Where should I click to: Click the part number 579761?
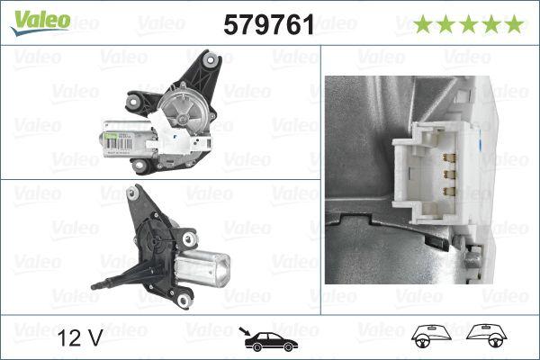[x=268, y=25]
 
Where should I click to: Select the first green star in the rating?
[x=422, y=24]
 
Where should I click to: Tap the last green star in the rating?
[x=514, y=24]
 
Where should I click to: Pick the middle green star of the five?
[x=468, y=24]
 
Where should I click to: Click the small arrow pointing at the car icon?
[x=245, y=330]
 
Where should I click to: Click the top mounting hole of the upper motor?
[x=211, y=60]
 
